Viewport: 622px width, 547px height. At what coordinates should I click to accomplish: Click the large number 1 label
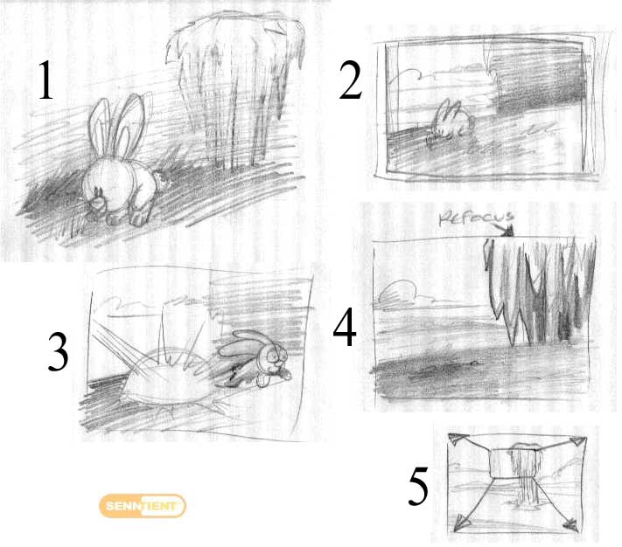(x=45, y=80)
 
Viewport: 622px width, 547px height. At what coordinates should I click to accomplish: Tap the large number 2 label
(x=351, y=80)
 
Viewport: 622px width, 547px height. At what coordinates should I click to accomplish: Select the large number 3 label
(x=58, y=351)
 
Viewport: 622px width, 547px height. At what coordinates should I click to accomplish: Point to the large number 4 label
(x=345, y=327)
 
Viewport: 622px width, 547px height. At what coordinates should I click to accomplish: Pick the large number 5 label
(x=418, y=486)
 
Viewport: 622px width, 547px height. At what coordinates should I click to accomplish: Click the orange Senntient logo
(x=143, y=506)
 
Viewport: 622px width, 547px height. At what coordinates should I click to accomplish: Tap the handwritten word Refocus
(x=477, y=218)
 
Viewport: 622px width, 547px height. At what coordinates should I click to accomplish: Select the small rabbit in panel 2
(x=451, y=122)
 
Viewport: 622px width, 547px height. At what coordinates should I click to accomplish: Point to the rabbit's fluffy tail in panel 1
(x=99, y=201)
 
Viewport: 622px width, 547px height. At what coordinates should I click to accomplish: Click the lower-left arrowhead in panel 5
(x=463, y=523)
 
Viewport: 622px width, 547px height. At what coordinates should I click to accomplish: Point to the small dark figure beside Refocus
(x=507, y=231)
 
